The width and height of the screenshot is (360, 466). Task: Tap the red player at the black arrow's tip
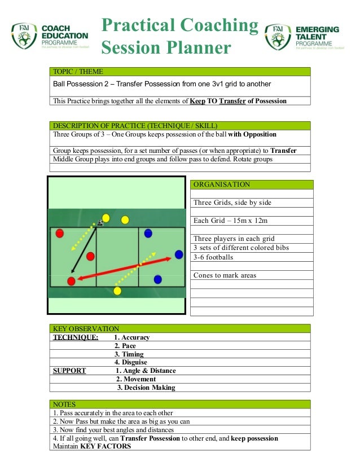coord(71,281)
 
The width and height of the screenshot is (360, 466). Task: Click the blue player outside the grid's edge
coord(179,254)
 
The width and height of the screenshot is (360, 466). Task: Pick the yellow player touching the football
coord(106,218)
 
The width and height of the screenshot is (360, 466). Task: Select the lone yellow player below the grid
coord(117,291)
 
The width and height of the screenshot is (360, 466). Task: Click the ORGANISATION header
coord(222,184)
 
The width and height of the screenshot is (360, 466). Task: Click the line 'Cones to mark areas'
coord(225,275)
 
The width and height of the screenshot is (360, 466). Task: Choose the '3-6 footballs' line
coord(213,257)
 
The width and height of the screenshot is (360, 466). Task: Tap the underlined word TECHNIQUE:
coord(75,337)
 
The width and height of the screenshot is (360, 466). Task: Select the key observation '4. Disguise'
coord(130,362)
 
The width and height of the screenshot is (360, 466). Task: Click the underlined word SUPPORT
coord(69,371)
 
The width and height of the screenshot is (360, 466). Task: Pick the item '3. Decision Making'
coord(146,388)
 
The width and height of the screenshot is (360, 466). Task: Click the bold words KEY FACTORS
coord(106,446)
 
